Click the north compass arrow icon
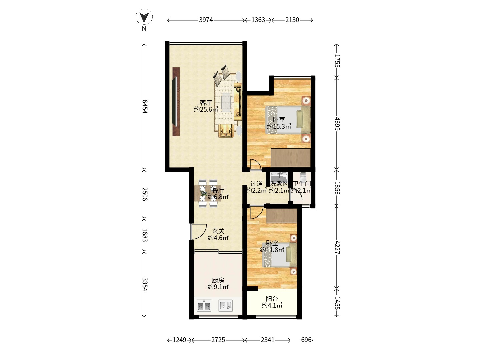(x=144, y=17)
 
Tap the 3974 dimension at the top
(x=206, y=20)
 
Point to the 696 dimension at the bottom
(x=306, y=340)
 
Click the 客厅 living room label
(x=206, y=102)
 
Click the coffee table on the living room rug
(x=227, y=102)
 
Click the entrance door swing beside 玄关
(x=45, y=231)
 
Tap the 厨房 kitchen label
(x=218, y=280)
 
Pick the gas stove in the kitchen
(x=204, y=306)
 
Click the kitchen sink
(x=225, y=306)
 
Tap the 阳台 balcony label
(x=272, y=299)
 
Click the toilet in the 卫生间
(x=303, y=177)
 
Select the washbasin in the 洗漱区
(x=279, y=177)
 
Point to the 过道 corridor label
(x=256, y=184)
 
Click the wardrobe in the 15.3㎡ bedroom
(x=291, y=158)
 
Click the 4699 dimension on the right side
(x=337, y=124)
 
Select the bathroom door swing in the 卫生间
(x=296, y=194)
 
